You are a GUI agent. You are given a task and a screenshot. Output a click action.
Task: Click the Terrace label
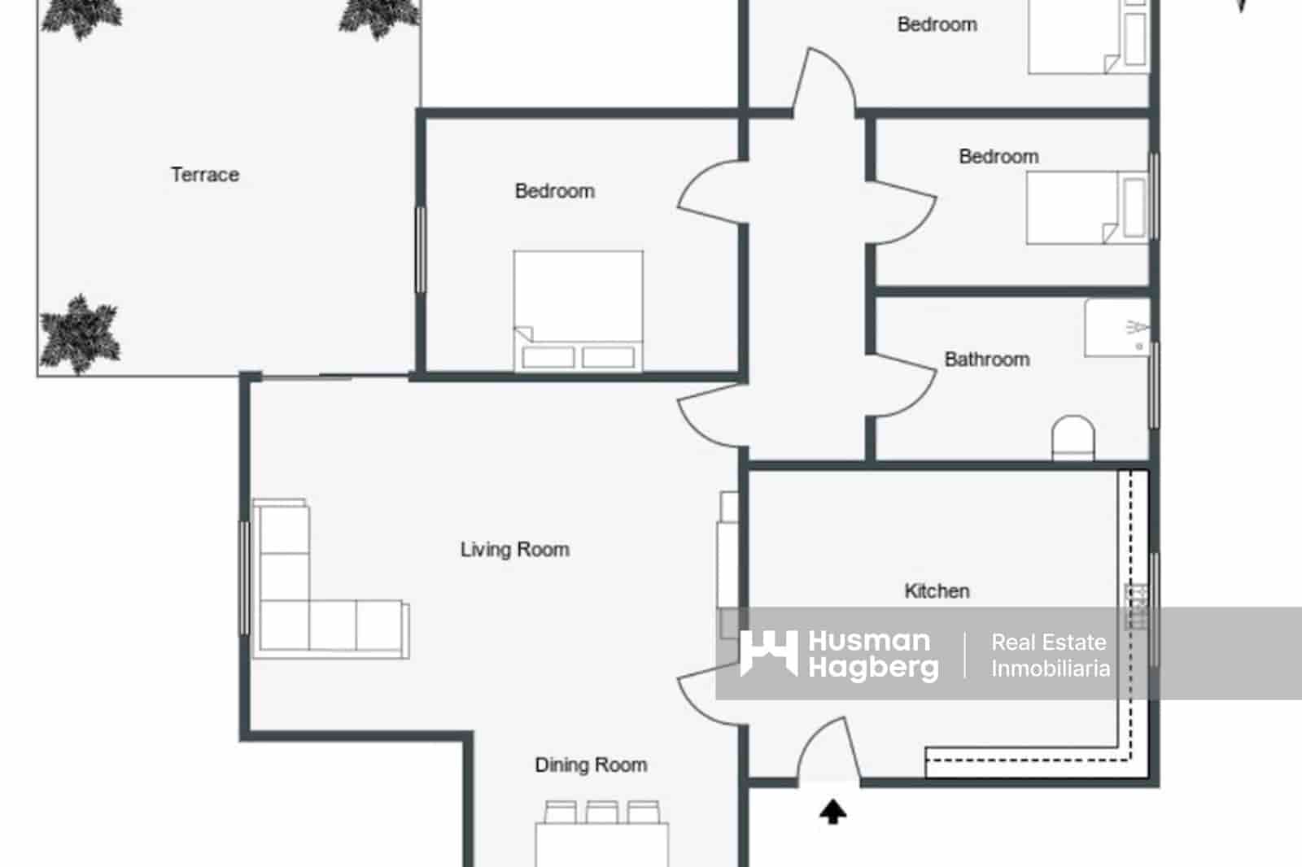205,175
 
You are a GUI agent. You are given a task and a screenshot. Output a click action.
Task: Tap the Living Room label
514,550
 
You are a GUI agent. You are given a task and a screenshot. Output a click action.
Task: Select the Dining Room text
591,765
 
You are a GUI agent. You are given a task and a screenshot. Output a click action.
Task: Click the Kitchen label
937,591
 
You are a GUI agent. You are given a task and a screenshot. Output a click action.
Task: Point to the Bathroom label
986,359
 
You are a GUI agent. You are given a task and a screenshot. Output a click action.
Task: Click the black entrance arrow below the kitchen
832,812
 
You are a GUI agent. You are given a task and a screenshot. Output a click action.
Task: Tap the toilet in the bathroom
1073,439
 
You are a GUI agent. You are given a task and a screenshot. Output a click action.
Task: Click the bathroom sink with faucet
1118,328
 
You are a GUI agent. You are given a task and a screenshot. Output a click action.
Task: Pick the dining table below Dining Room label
602,842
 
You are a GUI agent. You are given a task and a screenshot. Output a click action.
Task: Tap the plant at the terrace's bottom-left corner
80,334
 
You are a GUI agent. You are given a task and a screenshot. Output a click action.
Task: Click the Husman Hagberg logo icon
768,653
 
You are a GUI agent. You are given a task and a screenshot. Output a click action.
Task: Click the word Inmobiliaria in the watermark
1050,669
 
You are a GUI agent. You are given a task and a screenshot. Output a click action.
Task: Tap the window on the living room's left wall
244,578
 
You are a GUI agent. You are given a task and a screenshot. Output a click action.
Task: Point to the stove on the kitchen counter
1136,607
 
